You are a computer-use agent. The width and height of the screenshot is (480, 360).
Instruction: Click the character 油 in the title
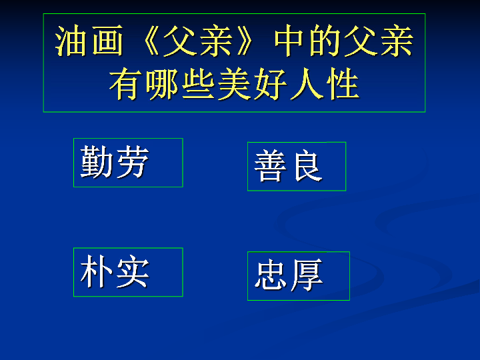click(71, 41)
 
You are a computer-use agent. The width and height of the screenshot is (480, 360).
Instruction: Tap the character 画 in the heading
click(107, 41)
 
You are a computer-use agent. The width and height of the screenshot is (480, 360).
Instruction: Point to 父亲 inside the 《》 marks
click(199, 41)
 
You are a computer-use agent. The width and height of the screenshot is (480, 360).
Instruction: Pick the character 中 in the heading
click(289, 41)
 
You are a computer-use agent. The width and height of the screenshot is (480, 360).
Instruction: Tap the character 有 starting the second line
click(125, 83)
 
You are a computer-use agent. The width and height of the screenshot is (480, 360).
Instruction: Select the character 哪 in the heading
click(161, 83)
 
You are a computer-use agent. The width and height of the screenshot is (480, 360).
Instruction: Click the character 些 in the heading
click(198, 83)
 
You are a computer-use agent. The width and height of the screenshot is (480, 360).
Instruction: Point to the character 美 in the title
click(234, 83)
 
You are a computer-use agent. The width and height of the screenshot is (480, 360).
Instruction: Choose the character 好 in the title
click(270, 83)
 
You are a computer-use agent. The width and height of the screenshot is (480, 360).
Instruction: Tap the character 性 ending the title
click(342, 83)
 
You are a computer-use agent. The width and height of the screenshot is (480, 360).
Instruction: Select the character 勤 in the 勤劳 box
click(97, 161)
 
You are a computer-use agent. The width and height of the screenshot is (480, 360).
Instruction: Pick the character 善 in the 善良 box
click(270, 165)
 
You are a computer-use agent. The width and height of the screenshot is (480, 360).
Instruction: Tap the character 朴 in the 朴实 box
click(97, 271)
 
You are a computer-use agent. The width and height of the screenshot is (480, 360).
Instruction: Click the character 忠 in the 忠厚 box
click(270, 275)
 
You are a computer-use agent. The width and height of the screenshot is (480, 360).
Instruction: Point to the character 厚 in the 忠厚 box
click(307, 275)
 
